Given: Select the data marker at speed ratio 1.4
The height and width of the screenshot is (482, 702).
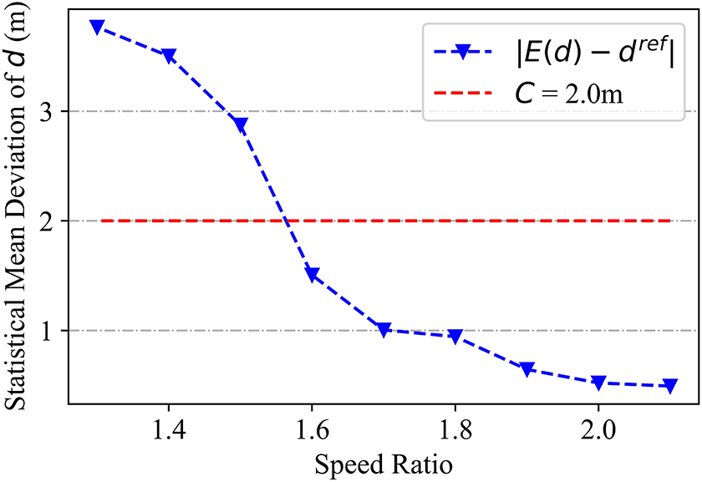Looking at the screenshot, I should pos(169,56).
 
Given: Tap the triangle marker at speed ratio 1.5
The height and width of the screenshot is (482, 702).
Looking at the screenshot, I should pos(241,125).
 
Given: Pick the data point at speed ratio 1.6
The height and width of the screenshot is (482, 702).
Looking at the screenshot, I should pos(313,275).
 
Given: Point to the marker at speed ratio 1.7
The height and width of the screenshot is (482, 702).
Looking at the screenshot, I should pos(384,330).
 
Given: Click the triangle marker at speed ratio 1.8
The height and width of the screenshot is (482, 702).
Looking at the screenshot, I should pos(455,337).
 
